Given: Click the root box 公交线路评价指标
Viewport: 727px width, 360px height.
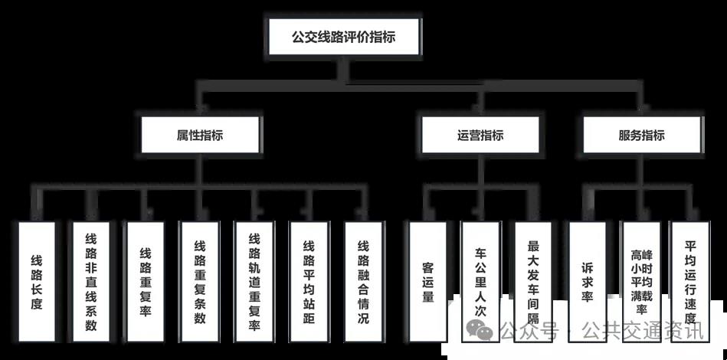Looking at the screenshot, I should [344, 36].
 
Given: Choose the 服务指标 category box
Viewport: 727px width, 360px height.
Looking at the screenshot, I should [641, 136].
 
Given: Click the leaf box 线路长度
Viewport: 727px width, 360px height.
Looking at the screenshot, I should [37, 282].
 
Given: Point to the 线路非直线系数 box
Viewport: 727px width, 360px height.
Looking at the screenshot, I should [91, 282].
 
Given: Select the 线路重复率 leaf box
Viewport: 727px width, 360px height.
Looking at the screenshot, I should [146, 282].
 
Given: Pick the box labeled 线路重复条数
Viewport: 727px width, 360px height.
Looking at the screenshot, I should [200, 282].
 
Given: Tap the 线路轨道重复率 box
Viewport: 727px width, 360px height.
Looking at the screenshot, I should [254, 282].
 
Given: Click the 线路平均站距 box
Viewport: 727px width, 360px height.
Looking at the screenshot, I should [309, 282].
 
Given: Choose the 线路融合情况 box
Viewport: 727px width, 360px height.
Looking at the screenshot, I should [363, 282].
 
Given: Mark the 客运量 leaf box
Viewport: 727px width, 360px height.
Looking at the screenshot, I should [427, 282].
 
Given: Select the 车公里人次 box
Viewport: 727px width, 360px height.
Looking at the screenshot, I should [481, 282].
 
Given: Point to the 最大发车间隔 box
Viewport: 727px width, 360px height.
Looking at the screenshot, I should [534, 282].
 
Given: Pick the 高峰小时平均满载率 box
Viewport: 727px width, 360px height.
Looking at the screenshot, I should [639, 282].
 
